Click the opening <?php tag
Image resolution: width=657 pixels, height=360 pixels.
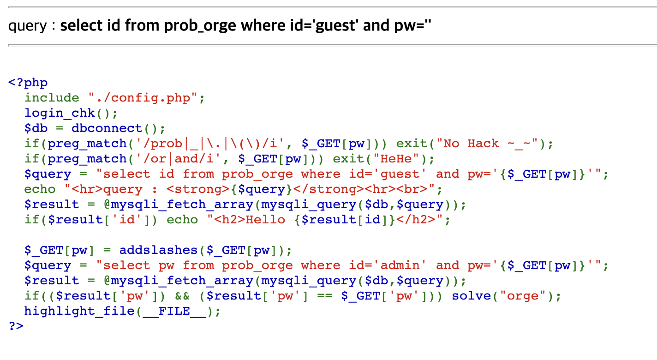[x=28, y=83]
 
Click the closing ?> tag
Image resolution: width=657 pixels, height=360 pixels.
[x=16, y=326]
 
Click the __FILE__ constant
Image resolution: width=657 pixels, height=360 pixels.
[x=174, y=311]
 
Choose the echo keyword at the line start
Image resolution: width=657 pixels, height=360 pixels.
[x=40, y=189]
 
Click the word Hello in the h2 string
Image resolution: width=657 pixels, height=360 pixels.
[x=265, y=220]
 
